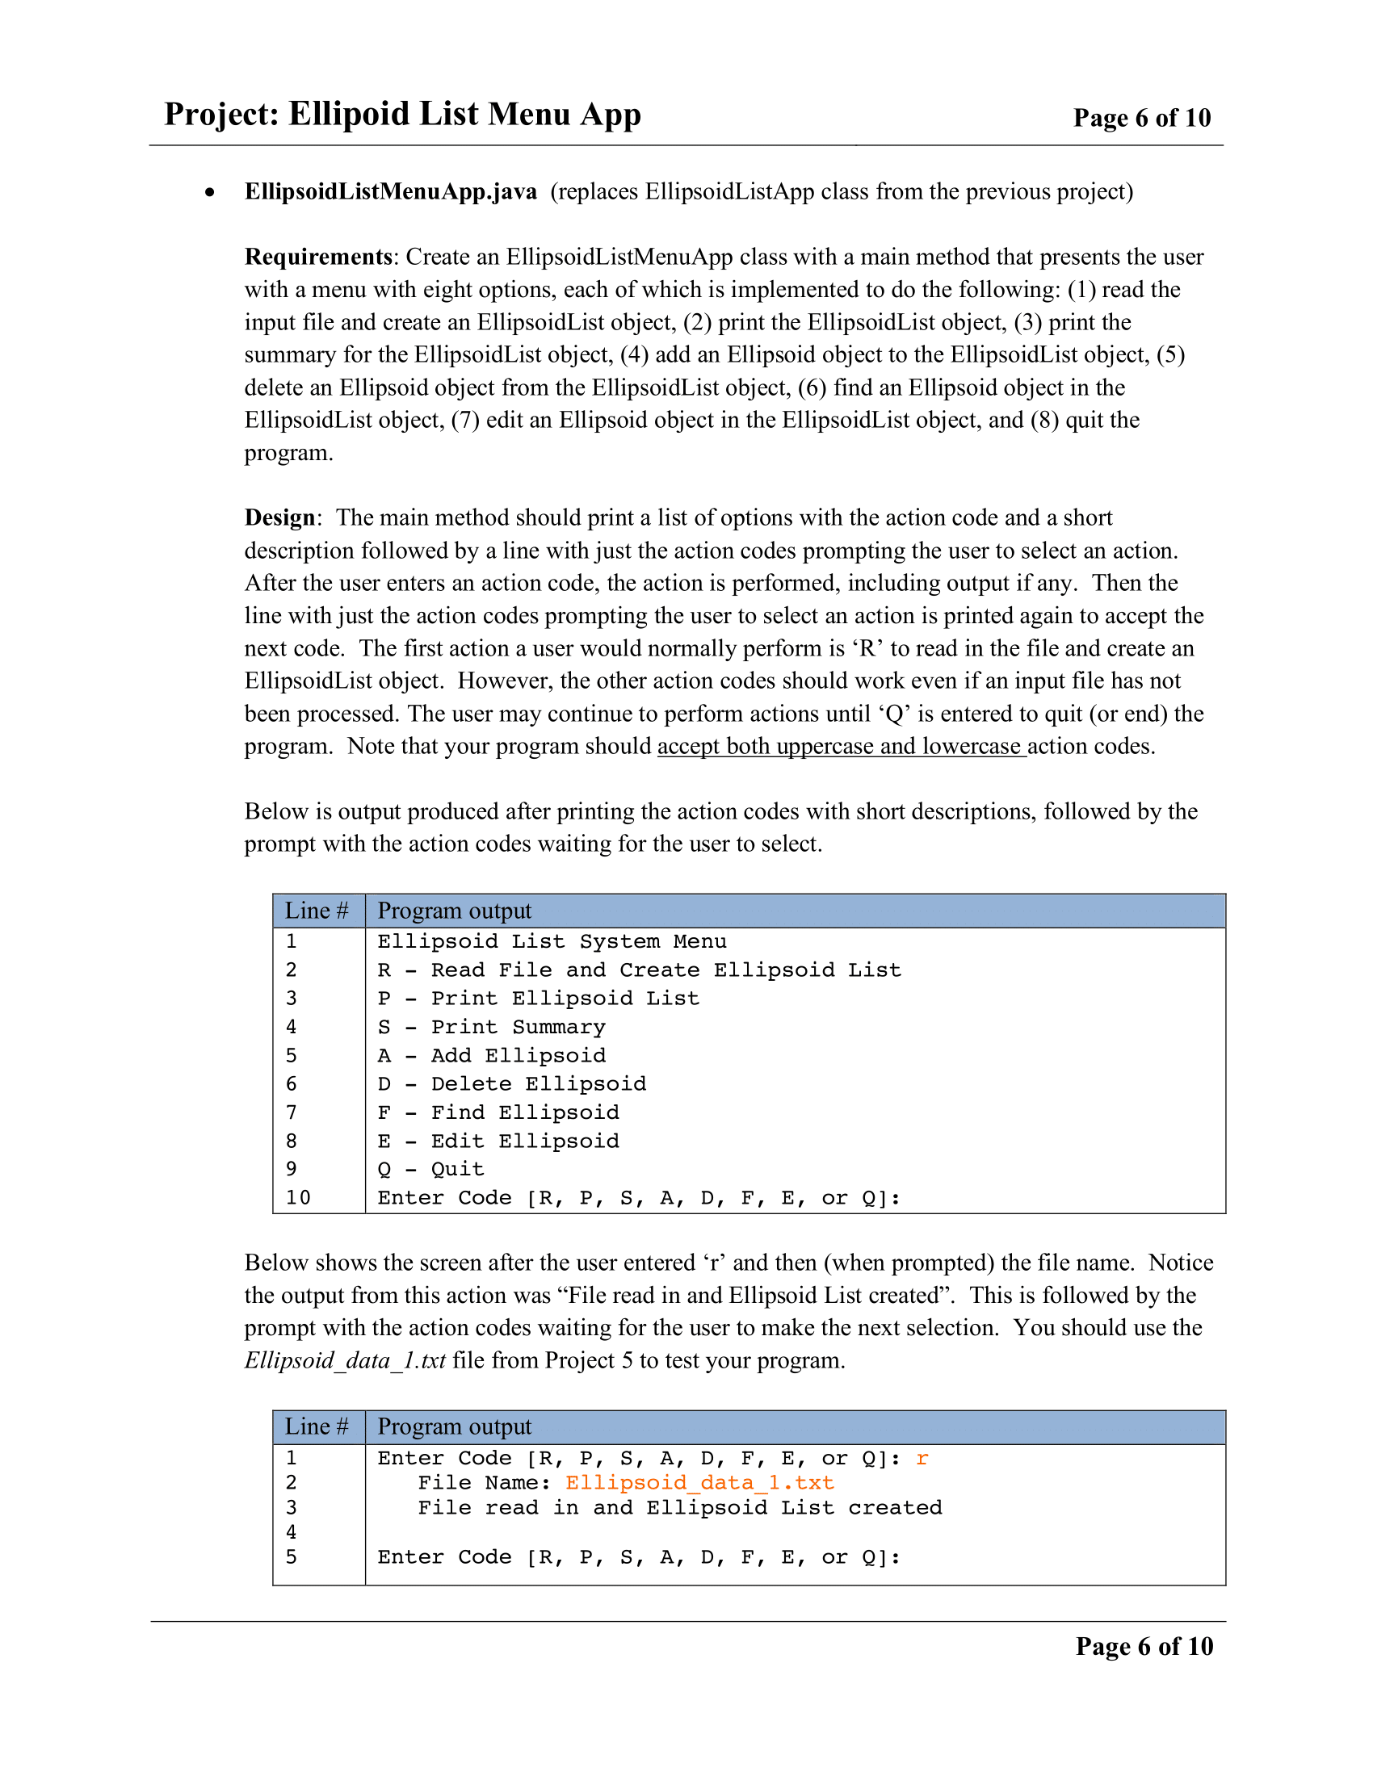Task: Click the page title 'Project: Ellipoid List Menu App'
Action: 402,114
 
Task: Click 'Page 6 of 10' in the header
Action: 1141,118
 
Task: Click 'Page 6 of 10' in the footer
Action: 1144,1646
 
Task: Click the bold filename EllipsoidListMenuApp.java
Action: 390,192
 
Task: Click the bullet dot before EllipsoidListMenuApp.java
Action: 210,193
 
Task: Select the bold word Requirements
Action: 318,257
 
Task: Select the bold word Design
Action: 279,518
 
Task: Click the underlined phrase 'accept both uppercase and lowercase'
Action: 841,747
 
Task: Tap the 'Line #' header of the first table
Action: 317,911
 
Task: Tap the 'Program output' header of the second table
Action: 454,1427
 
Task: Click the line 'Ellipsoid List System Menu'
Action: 552,941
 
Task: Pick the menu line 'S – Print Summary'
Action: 491,1027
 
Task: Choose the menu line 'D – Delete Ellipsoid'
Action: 511,1084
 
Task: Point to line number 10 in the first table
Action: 298,1198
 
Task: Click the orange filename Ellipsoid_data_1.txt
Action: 699,1483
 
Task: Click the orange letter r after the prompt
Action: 922,1458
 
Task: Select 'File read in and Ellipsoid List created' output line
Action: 679,1508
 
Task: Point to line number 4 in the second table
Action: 292,1532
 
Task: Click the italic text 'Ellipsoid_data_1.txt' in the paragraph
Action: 345,1360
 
